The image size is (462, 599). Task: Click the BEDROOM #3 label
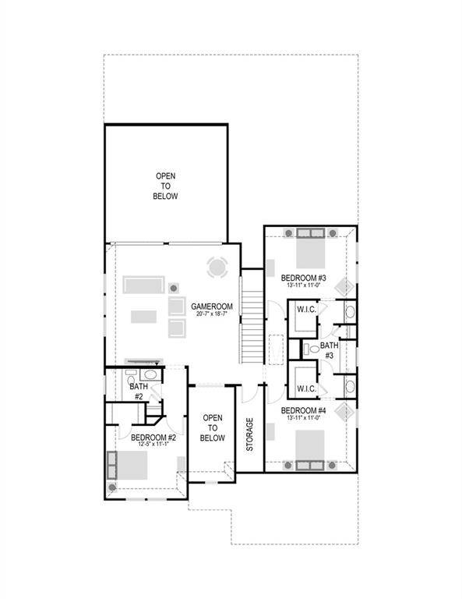(302, 278)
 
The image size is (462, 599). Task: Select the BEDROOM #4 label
(302, 410)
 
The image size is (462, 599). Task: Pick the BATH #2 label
(138, 391)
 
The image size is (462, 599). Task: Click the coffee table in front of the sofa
(142, 316)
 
